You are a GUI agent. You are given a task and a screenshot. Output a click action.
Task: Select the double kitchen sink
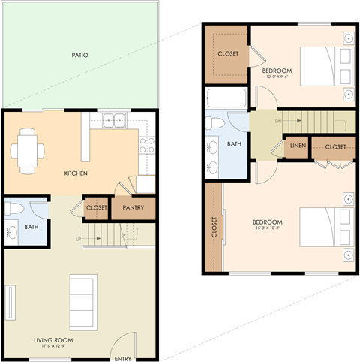pos(114,119)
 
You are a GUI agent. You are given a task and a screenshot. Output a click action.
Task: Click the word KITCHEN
pos(76,173)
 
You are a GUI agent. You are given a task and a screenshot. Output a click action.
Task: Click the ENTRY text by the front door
pos(122,358)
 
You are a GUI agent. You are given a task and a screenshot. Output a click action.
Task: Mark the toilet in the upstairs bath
pos(214,122)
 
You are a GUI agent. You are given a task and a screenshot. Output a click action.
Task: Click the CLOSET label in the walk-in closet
pos(228,54)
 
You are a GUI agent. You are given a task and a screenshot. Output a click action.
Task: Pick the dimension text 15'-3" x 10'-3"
pos(267,229)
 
